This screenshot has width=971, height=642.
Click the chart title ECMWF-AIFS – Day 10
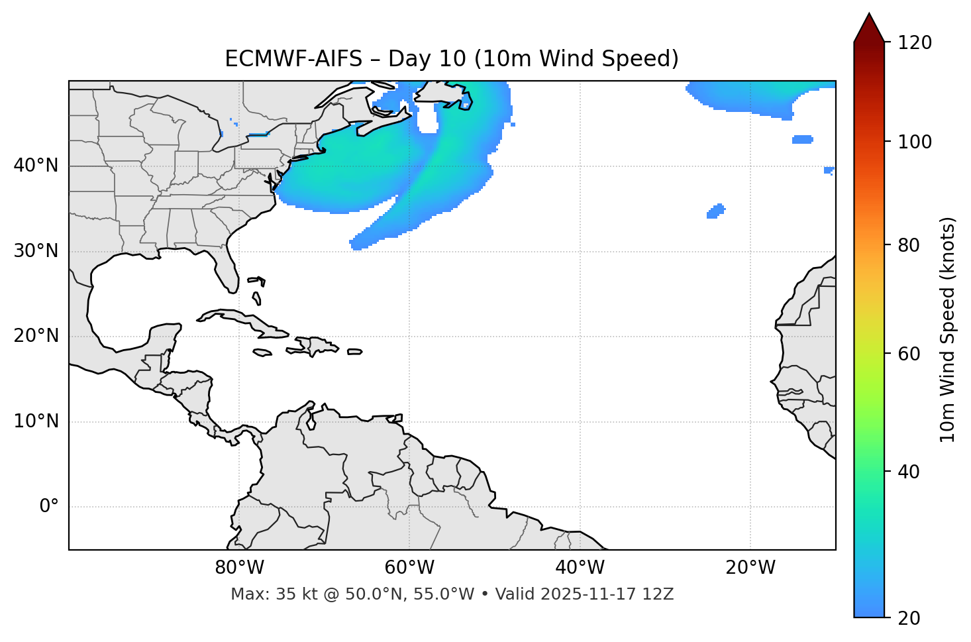pyautogui.click(x=452, y=59)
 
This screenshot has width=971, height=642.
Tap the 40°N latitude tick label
pyautogui.click(x=36, y=166)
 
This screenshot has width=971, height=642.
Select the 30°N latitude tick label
pyautogui.click(x=36, y=251)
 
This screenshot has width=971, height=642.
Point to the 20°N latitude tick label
pyautogui.click(x=36, y=336)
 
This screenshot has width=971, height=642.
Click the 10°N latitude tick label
pyautogui.click(x=36, y=421)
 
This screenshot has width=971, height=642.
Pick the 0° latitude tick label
pyautogui.click(x=49, y=507)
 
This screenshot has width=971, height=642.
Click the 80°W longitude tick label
pyautogui.click(x=239, y=568)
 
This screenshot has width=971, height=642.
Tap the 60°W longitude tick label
pyautogui.click(x=409, y=568)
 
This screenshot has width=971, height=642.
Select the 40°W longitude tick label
pyautogui.click(x=580, y=568)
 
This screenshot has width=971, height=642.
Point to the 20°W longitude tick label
pyautogui.click(x=750, y=568)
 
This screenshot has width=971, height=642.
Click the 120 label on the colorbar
pyautogui.click(x=915, y=43)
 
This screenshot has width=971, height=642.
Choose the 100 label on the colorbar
pyautogui.click(x=915, y=142)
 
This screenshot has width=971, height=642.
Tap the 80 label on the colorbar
pyautogui.click(x=910, y=245)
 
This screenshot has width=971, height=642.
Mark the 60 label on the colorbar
pyautogui.click(x=910, y=354)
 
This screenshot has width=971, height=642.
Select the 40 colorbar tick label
pyautogui.click(x=910, y=472)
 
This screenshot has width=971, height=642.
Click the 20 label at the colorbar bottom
pyautogui.click(x=910, y=618)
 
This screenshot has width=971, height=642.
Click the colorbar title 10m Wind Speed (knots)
pyautogui.click(x=948, y=329)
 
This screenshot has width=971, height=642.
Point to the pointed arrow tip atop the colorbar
pyautogui.click(x=869, y=16)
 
